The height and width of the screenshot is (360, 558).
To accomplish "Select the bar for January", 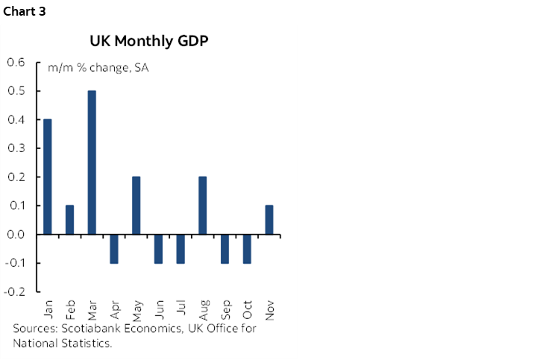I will pyautogui.click(x=48, y=177).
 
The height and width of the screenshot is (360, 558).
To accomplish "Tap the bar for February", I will pyautogui.click(x=70, y=220).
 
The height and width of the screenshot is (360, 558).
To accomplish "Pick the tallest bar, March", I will pyautogui.click(x=92, y=162).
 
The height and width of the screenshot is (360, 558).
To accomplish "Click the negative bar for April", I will pyautogui.click(x=114, y=248).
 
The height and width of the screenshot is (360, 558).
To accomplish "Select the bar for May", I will pyautogui.click(x=137, y=206).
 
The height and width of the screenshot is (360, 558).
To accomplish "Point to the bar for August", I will pyautogui.click(x=203, y=206).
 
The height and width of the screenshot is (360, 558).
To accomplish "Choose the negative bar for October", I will pyautogui.click(x=247, y=248).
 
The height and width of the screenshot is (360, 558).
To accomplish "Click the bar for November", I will pyautogui.click(x=269, y=220).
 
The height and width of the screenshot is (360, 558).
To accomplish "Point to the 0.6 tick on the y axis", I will pyautogui.click(x=16, y=62).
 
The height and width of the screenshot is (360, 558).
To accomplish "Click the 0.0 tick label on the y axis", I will pyautogui.click(x=16, y=235).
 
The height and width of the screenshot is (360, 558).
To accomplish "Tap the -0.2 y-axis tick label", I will pyautogui.click(x=14, y=292).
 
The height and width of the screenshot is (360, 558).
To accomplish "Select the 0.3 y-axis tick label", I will pyautogui.click(x=16, y=148).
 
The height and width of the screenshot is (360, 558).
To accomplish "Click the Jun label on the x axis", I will pyautogui.click(x=158, y=309).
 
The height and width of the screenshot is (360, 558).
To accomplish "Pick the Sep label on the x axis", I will pyautogui.click(x=225, y=309).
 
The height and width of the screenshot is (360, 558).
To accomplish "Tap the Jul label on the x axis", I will pyautogui.click(x=181, y=308).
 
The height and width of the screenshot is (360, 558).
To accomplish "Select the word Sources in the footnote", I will pyautogui.click(x=34, y=329).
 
